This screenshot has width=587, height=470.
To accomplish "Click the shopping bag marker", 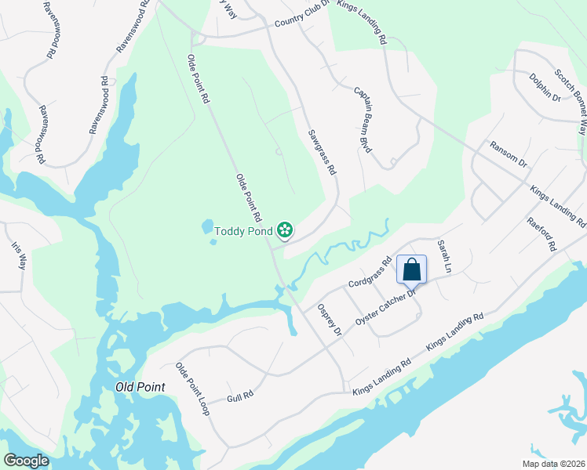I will (x=412, y=270).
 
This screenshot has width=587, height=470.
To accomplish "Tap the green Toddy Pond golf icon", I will (x=286, y=230).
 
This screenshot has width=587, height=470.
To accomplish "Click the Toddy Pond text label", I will (x=244, y=230).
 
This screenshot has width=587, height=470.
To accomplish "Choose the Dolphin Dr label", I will (x=545, y=87).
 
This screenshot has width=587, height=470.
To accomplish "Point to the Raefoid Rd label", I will (x=541, y=233).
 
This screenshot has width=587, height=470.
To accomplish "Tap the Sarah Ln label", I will (x=445, y=256).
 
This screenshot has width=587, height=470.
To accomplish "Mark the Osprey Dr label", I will (x=329, y=321).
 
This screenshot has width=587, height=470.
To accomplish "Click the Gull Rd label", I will (x=241, y=396).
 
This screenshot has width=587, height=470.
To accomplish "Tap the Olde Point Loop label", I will (x=192, y=389).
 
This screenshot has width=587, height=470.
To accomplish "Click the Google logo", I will (x=26, y=461).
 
